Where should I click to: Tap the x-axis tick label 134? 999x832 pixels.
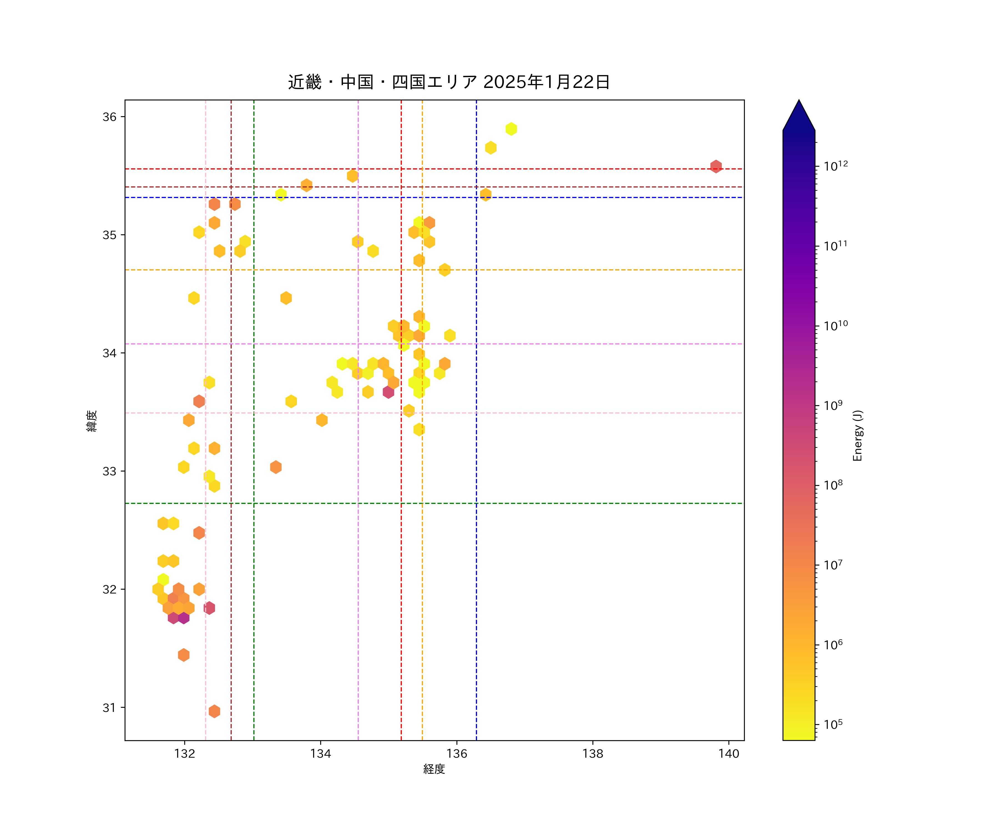click(321, 754)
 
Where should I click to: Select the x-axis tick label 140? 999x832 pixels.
click(729, 754)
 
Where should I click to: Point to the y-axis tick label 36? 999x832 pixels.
click(109, 117)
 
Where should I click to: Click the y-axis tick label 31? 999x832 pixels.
click(109, 707)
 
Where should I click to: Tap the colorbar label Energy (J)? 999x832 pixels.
click(857, 435)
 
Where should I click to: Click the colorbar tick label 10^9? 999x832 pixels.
click(833, 405)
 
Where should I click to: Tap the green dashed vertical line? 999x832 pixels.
click(254, 570)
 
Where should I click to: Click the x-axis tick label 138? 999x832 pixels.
click(593, 754)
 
